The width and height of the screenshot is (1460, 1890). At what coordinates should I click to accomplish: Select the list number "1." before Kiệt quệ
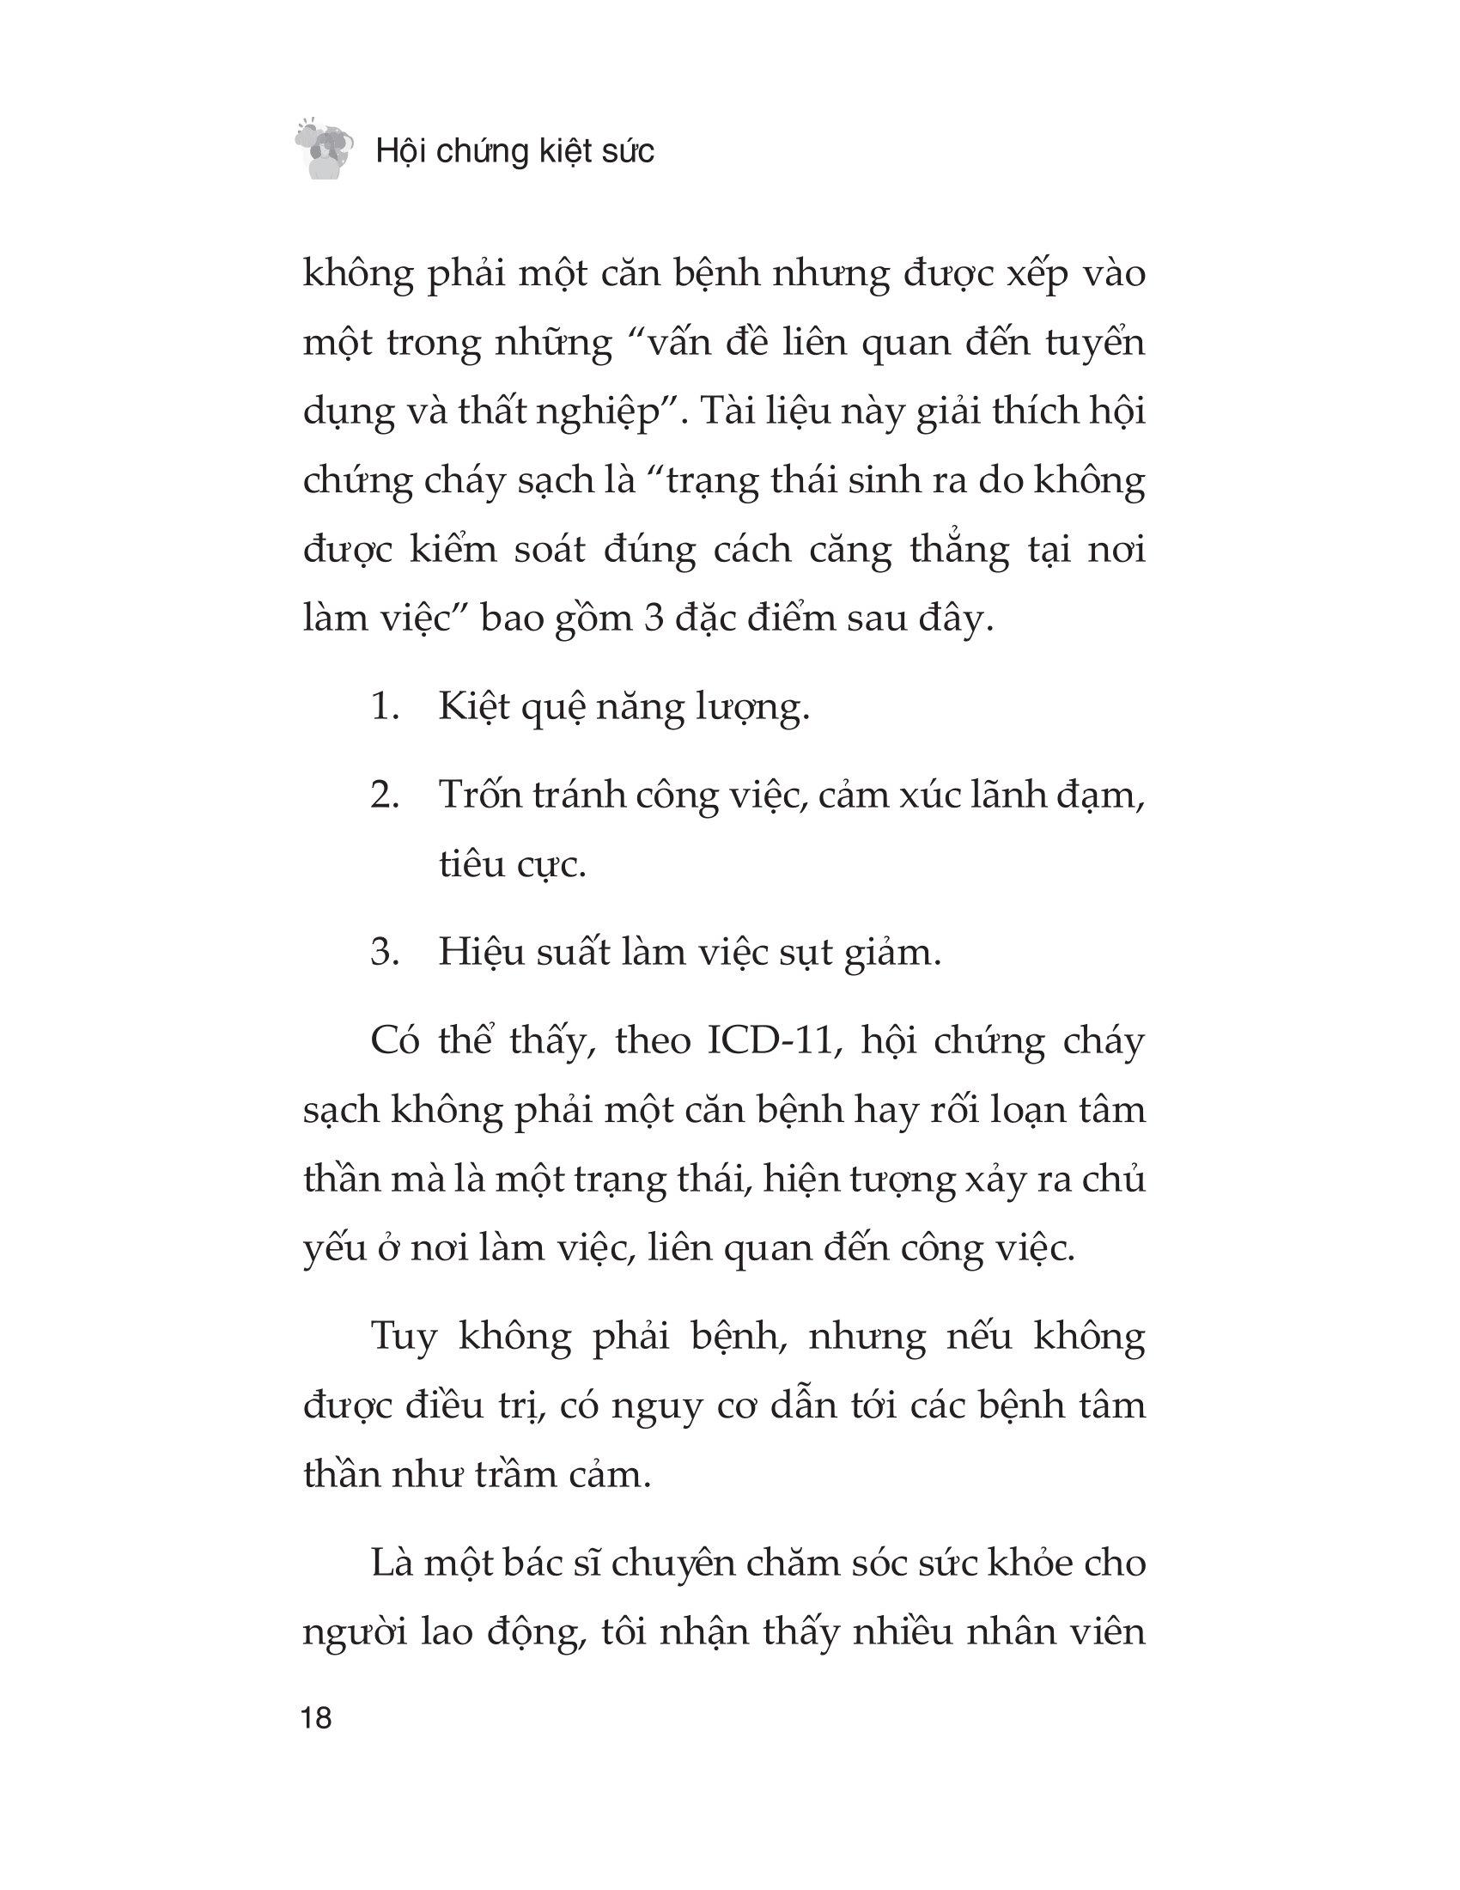click(x=385, y=707)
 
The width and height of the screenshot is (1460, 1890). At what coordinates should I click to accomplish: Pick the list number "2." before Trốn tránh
click(x=385, y=795)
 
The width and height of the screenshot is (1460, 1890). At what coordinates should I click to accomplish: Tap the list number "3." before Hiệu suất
click(x=385, y=952)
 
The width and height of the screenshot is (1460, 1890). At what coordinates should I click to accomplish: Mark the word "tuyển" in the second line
click(x=1095, y=344)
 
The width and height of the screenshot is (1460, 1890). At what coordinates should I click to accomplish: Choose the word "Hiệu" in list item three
click(x=481, y=952)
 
